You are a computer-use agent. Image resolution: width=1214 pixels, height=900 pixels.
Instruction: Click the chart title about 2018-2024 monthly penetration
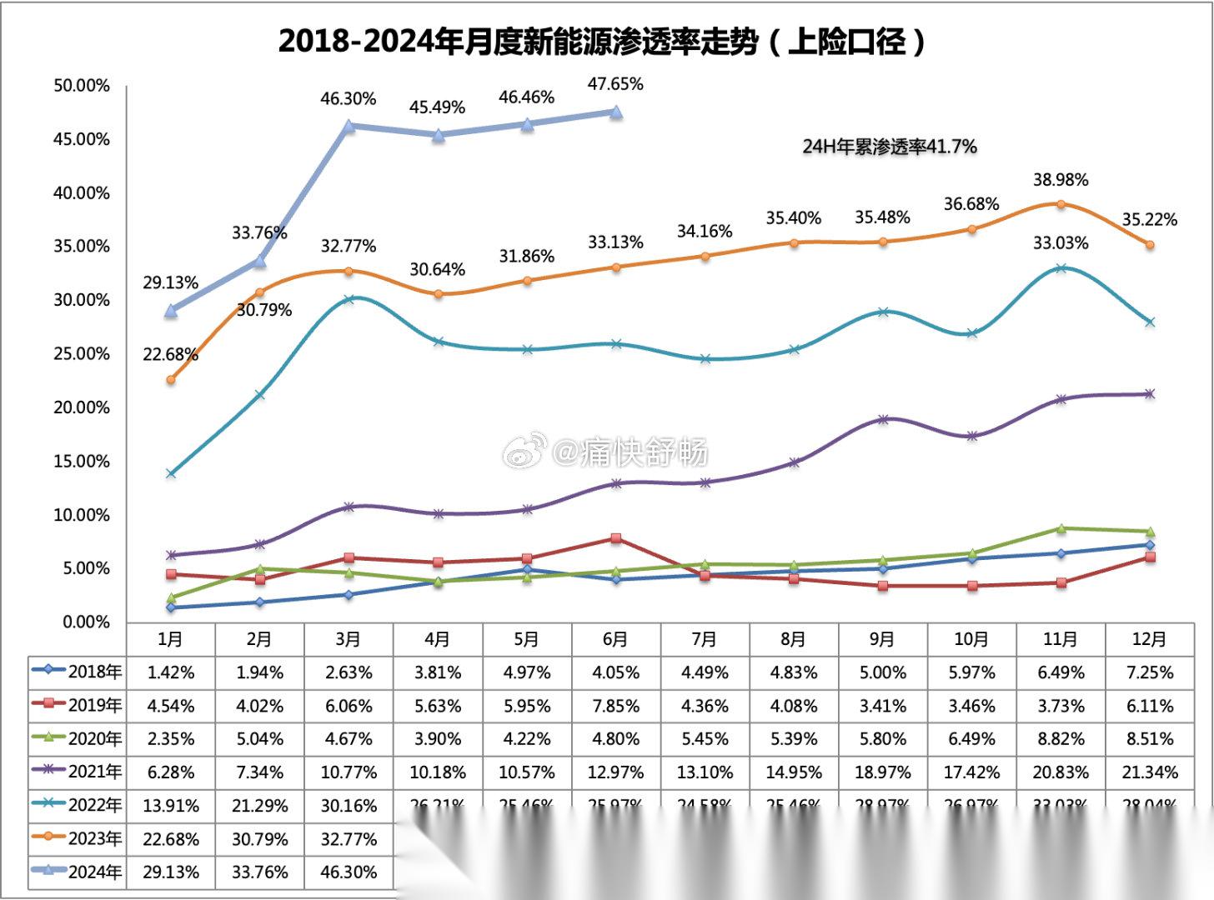coord(602,40)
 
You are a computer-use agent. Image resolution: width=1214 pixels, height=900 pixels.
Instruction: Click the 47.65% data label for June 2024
coord(615,84)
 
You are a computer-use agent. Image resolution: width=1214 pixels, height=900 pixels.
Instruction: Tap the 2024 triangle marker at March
coord(349,126)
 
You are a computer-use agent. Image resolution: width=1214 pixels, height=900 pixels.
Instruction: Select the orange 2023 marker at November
coord(1061,204)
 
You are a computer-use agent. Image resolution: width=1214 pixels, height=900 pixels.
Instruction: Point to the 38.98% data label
coord(1061,180)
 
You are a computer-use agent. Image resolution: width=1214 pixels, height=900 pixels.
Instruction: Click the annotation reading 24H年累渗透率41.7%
coord(889,147)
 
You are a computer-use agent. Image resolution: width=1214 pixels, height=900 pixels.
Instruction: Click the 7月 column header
coord(705,639)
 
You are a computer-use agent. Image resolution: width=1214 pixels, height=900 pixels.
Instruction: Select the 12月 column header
coord(1149,639)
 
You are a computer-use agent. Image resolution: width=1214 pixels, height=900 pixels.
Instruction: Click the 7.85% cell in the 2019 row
coord(615,706)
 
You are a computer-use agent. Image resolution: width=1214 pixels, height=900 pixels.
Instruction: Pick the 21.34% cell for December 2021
coord(1149,772)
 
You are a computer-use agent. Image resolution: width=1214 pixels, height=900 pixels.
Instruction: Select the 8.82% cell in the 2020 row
coord(1061,739)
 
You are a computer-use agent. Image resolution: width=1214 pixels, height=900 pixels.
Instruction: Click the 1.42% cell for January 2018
coord(171,672)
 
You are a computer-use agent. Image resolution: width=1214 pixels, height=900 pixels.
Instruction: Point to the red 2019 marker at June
coord(615,538)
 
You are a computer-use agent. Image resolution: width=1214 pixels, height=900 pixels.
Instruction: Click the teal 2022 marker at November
coord(1061,268)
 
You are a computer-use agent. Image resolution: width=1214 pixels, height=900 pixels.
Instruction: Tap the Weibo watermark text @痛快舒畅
coord(629,452)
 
